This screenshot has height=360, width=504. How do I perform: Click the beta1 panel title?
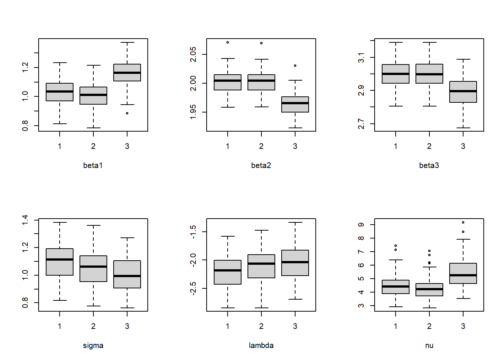coord(93,165)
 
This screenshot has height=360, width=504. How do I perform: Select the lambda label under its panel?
coord(261,345)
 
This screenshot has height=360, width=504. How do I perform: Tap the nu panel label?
coord(429,345)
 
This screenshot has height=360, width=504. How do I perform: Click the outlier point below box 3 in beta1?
coord(127,113)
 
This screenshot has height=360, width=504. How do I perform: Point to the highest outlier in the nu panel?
coord(463,222)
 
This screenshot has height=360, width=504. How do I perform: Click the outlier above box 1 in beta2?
coord(228,42)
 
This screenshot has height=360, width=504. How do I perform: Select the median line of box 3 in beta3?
coord(463,91)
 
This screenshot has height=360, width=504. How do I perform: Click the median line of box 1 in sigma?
coord(60,259)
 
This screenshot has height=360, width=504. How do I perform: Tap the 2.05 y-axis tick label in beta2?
coord(193,54)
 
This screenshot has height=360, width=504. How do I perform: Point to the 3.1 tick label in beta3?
coord(361,58)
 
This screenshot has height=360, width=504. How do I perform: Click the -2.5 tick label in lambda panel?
coord(193,289)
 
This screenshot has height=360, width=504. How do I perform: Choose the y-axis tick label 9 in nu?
coord(361,225)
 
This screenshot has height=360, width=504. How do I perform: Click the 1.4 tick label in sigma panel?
coord(25,220)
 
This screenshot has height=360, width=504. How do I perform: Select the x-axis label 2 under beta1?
coord(93,146)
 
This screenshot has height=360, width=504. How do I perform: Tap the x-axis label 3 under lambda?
coord(295,326)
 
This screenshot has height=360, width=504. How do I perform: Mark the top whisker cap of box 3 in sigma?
coord(127,238)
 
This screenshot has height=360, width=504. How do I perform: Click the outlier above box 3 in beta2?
coord(295,66)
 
